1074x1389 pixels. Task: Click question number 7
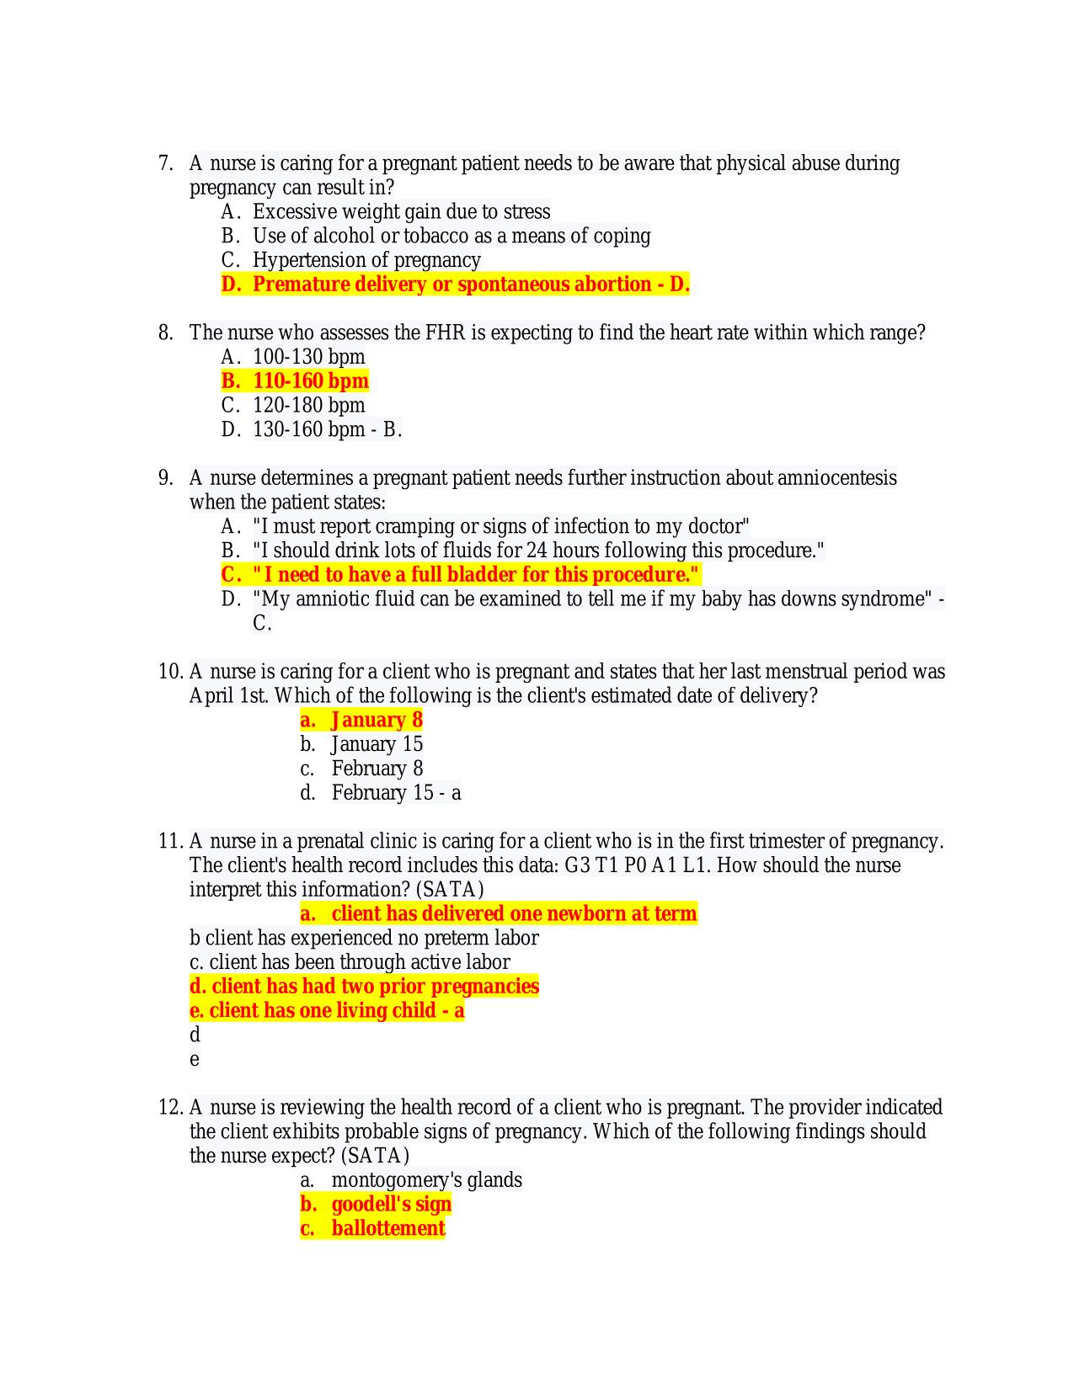(165, 163)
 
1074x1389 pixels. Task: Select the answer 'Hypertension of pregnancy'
(366, 260)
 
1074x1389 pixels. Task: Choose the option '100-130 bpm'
(308, 357)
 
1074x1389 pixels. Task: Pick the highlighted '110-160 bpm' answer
(310, 381)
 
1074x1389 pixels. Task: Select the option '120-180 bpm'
(308, 406)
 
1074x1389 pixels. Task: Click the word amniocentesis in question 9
(836, 478)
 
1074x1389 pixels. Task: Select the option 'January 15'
(377, 745)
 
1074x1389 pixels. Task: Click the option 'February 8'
(377, 769)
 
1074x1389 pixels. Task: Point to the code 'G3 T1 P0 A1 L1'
(635, 866)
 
